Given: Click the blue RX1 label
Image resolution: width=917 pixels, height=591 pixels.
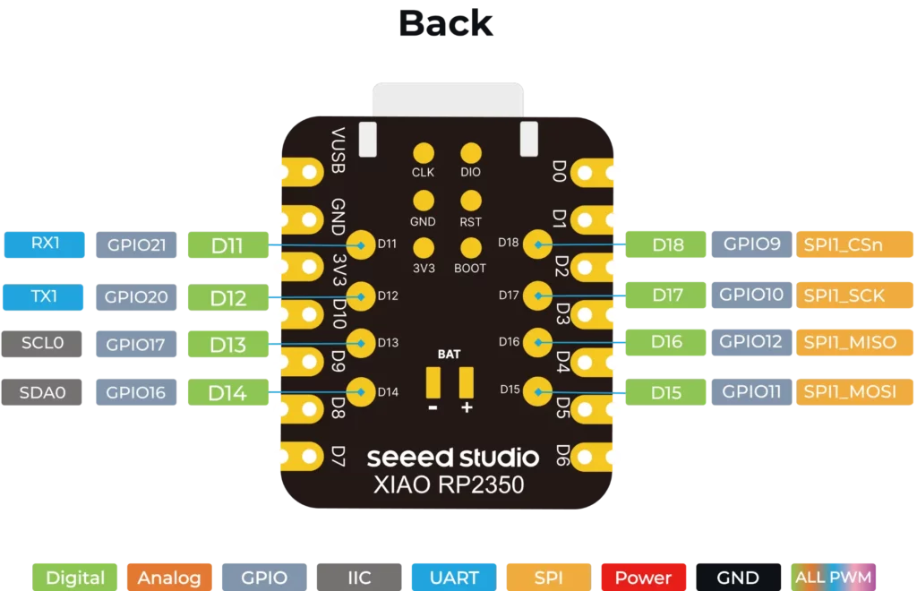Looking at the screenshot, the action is (x=45, y=244).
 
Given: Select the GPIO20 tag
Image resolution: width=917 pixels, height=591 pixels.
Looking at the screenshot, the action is (x=136, y=297).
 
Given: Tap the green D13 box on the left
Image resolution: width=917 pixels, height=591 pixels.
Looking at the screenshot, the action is (x=228, y=345).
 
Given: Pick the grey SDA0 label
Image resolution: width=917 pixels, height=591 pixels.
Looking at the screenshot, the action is (x=41, y=392).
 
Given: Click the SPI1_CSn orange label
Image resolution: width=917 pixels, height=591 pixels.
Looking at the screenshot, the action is (x=854, y=244).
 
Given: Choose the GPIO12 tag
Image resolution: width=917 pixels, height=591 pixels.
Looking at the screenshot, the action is (x=751, y=342).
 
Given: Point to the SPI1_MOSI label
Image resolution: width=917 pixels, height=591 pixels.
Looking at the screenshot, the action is (x=854, y=391).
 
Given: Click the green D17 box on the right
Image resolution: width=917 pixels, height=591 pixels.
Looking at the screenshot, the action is (x=665, y=295).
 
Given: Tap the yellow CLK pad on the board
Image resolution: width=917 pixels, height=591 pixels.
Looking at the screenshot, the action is (x=424, y=153).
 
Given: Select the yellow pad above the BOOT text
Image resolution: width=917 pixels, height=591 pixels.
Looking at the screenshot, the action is (x=471, y=248).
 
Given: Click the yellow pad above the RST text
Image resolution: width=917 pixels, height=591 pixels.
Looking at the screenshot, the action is (x=471, y=201).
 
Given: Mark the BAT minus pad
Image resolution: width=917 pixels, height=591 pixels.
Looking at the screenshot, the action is (x=433, y=382).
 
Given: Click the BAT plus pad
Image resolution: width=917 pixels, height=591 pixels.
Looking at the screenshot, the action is (x=466, y=382).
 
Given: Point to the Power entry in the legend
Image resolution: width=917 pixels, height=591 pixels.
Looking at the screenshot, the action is (x=643, y=578).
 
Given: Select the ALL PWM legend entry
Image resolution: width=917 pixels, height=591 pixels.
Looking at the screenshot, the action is (x=834, y=578).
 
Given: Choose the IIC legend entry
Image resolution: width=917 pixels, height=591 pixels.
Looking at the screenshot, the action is (x=359, y=578).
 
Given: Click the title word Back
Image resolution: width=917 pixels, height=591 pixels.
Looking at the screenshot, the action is (x=446, y=23).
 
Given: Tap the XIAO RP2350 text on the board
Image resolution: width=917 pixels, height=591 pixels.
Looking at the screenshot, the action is (x=449, y=484).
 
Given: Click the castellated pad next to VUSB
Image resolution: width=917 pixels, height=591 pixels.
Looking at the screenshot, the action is (x=304, y=172).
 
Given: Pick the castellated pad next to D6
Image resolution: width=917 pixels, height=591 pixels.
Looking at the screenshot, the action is (x=591, y=457).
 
